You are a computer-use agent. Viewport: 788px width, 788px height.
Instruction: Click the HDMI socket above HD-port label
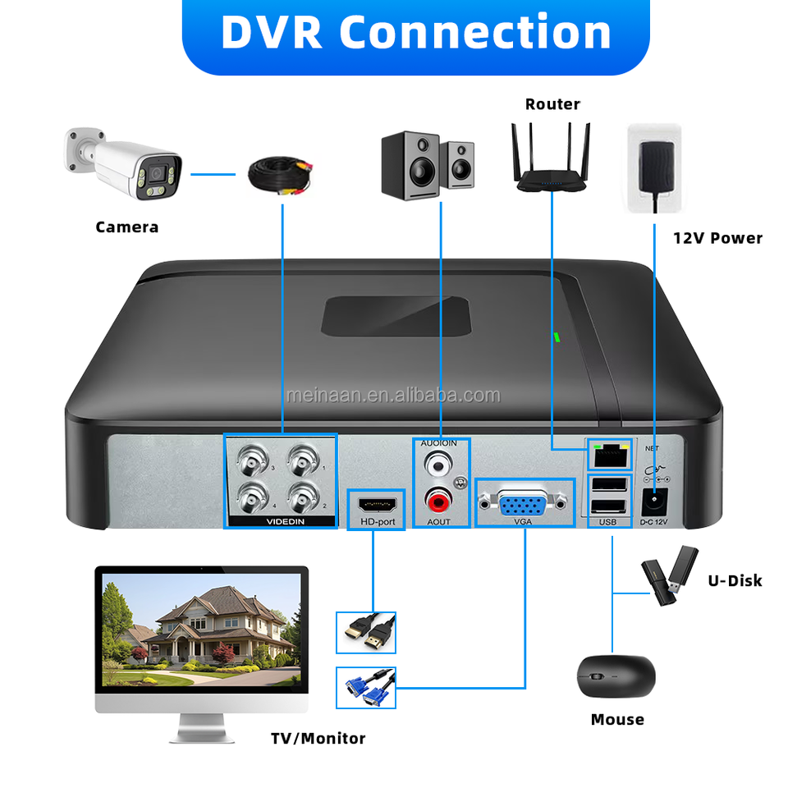376,502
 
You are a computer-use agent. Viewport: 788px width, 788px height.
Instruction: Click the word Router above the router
552,104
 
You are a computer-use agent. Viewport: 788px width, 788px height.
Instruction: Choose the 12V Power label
717,238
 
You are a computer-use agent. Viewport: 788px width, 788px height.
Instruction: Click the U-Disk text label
735,580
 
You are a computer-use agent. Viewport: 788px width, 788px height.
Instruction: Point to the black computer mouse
616,676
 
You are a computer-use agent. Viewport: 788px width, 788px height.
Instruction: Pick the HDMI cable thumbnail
366,632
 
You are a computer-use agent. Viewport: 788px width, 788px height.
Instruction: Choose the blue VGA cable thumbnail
366,688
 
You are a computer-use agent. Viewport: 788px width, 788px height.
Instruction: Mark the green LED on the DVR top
556,336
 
